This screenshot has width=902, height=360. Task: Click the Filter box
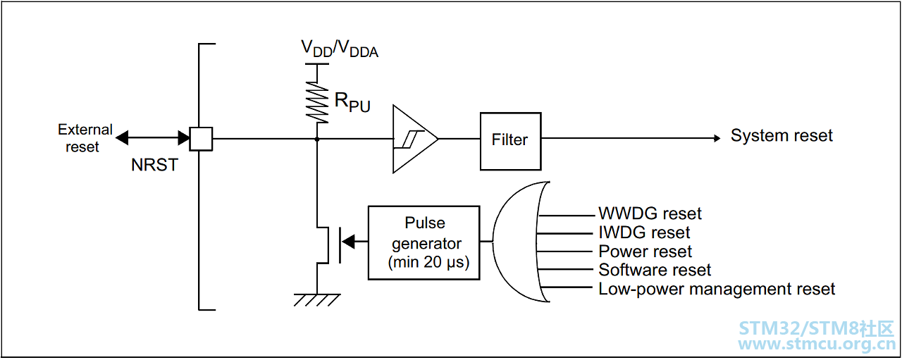click(x=510, y=141)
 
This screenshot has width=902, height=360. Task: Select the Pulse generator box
click(x=424, y=242)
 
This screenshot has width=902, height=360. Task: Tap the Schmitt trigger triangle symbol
click(x=415, y=139)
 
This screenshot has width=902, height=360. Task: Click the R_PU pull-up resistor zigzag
click(x=317, y=102)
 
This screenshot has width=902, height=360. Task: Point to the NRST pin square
click(x=201, y=139)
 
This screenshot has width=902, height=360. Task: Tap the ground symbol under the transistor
click(x=317, y=300)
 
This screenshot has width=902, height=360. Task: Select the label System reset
click(x=781, y=135)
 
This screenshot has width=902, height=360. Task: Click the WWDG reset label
click(x=650, y=213)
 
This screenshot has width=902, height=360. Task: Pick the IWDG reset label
click(x=644, y=232)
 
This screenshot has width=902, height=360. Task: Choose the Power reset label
click(x=645, y=252)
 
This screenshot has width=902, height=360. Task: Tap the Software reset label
click(x=655, y=270)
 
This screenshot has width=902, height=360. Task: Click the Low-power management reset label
click(x=717, y=289)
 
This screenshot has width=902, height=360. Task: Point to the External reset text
click(x=85, y=138)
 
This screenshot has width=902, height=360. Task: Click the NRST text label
click(x=154, y=165)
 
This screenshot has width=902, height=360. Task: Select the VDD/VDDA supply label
click(x=340, y=49)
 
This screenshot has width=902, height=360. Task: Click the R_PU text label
click(x=352, y=102)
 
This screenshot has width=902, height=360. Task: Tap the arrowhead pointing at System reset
click(x=717, y=139)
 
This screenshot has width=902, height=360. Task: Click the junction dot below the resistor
click(x=317, y=139)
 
